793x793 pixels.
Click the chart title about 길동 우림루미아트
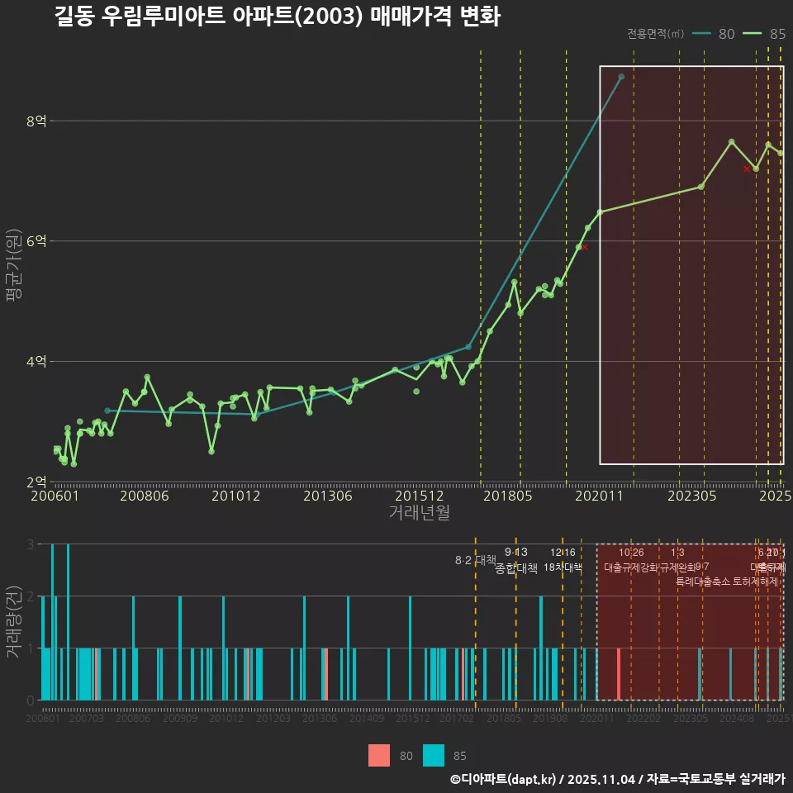point(277,17)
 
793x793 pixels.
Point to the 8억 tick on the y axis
point(36,121)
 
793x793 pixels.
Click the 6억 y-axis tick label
point(36,241)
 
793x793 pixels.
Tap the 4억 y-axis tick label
point(36,362)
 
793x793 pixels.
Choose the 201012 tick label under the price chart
point(235,496)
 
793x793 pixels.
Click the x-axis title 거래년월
point(419,512)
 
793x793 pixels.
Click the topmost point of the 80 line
point(621,77)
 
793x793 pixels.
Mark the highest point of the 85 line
point(732,142)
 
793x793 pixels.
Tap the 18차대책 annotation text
point(563,567)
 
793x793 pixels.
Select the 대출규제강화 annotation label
point(631,567)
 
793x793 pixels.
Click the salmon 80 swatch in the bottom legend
point(379,755)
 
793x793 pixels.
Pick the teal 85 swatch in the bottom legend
point(434,755)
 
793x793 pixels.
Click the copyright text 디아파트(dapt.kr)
point(504,779)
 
